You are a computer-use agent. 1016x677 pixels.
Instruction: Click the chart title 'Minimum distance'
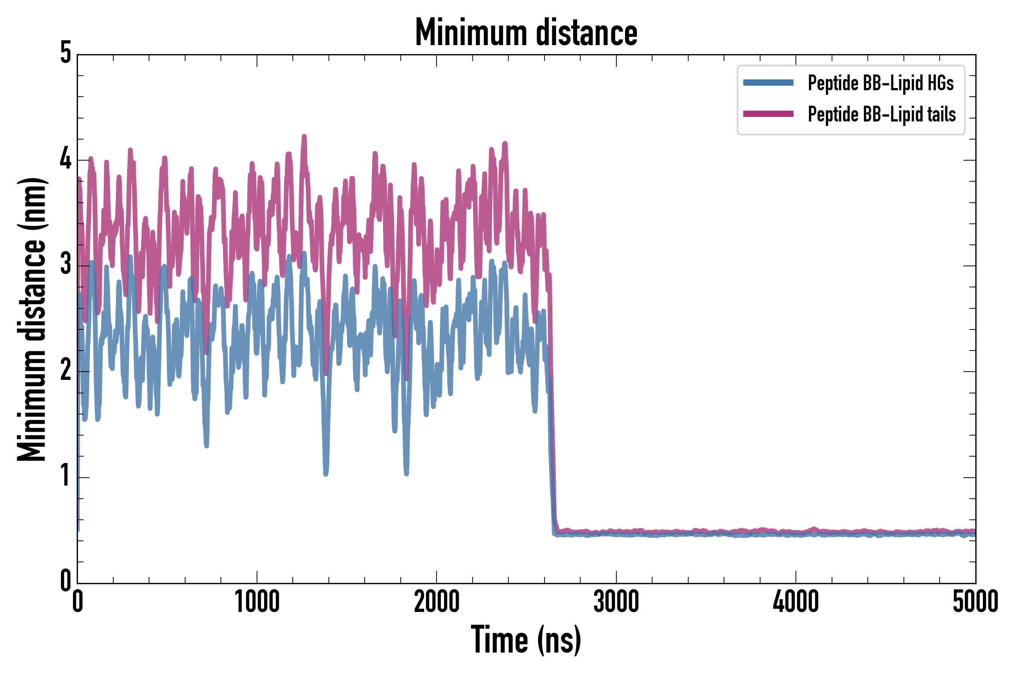[x=526, y=33]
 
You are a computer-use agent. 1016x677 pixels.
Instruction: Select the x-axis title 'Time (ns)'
[x=526, y=640]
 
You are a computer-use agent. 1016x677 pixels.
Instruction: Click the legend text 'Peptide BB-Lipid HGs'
[x=881, y=83]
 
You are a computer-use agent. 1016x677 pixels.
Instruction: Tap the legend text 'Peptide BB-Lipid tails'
[x=882, y=114]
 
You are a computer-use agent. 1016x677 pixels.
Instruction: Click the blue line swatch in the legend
[x=768, y=83]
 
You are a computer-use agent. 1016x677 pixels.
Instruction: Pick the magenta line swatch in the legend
[x=768, y=114]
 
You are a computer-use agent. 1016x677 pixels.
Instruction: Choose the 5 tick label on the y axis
[x=65, y=53]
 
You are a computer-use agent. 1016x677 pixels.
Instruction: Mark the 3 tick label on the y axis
[x=65, y=264]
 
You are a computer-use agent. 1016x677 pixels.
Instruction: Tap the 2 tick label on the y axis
[x=65, y=370]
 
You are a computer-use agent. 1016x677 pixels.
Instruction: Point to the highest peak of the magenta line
[x=304, y=137]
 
